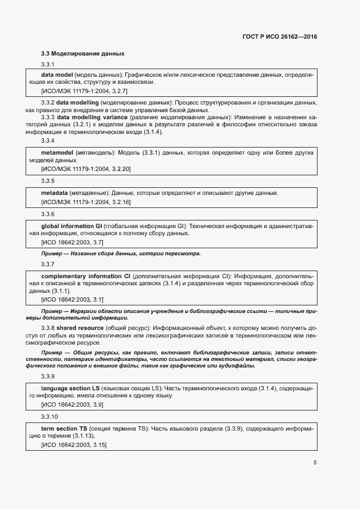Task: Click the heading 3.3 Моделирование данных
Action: (83, 54)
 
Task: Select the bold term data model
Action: (57, 75)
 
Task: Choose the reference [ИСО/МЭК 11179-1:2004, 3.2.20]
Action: (86, 169)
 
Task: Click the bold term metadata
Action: (54, 193)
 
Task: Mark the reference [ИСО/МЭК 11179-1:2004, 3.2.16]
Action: (86, 202)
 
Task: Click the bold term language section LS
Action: (70, 388)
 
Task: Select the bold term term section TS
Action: (64, 429)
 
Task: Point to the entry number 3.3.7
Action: (48, 264)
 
